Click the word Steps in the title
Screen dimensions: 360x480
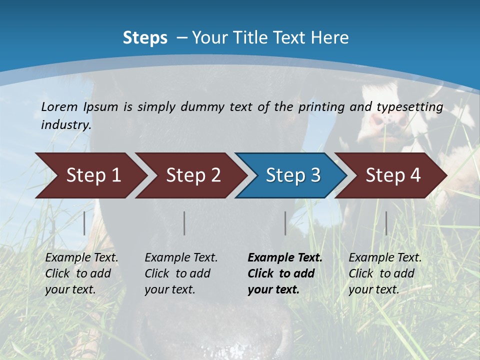145,37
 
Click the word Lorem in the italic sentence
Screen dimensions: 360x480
59,106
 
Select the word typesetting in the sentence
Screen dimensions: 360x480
409,106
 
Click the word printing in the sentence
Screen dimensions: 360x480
321,106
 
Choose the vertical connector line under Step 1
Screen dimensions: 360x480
84,223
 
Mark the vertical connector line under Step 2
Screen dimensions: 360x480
184,223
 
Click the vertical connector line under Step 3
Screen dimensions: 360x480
285,223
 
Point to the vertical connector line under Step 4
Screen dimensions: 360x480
386,223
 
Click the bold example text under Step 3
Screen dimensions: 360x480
284,273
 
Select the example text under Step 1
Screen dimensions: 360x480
81,273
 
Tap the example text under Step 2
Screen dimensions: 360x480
181,273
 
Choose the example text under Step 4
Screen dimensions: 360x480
385,273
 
